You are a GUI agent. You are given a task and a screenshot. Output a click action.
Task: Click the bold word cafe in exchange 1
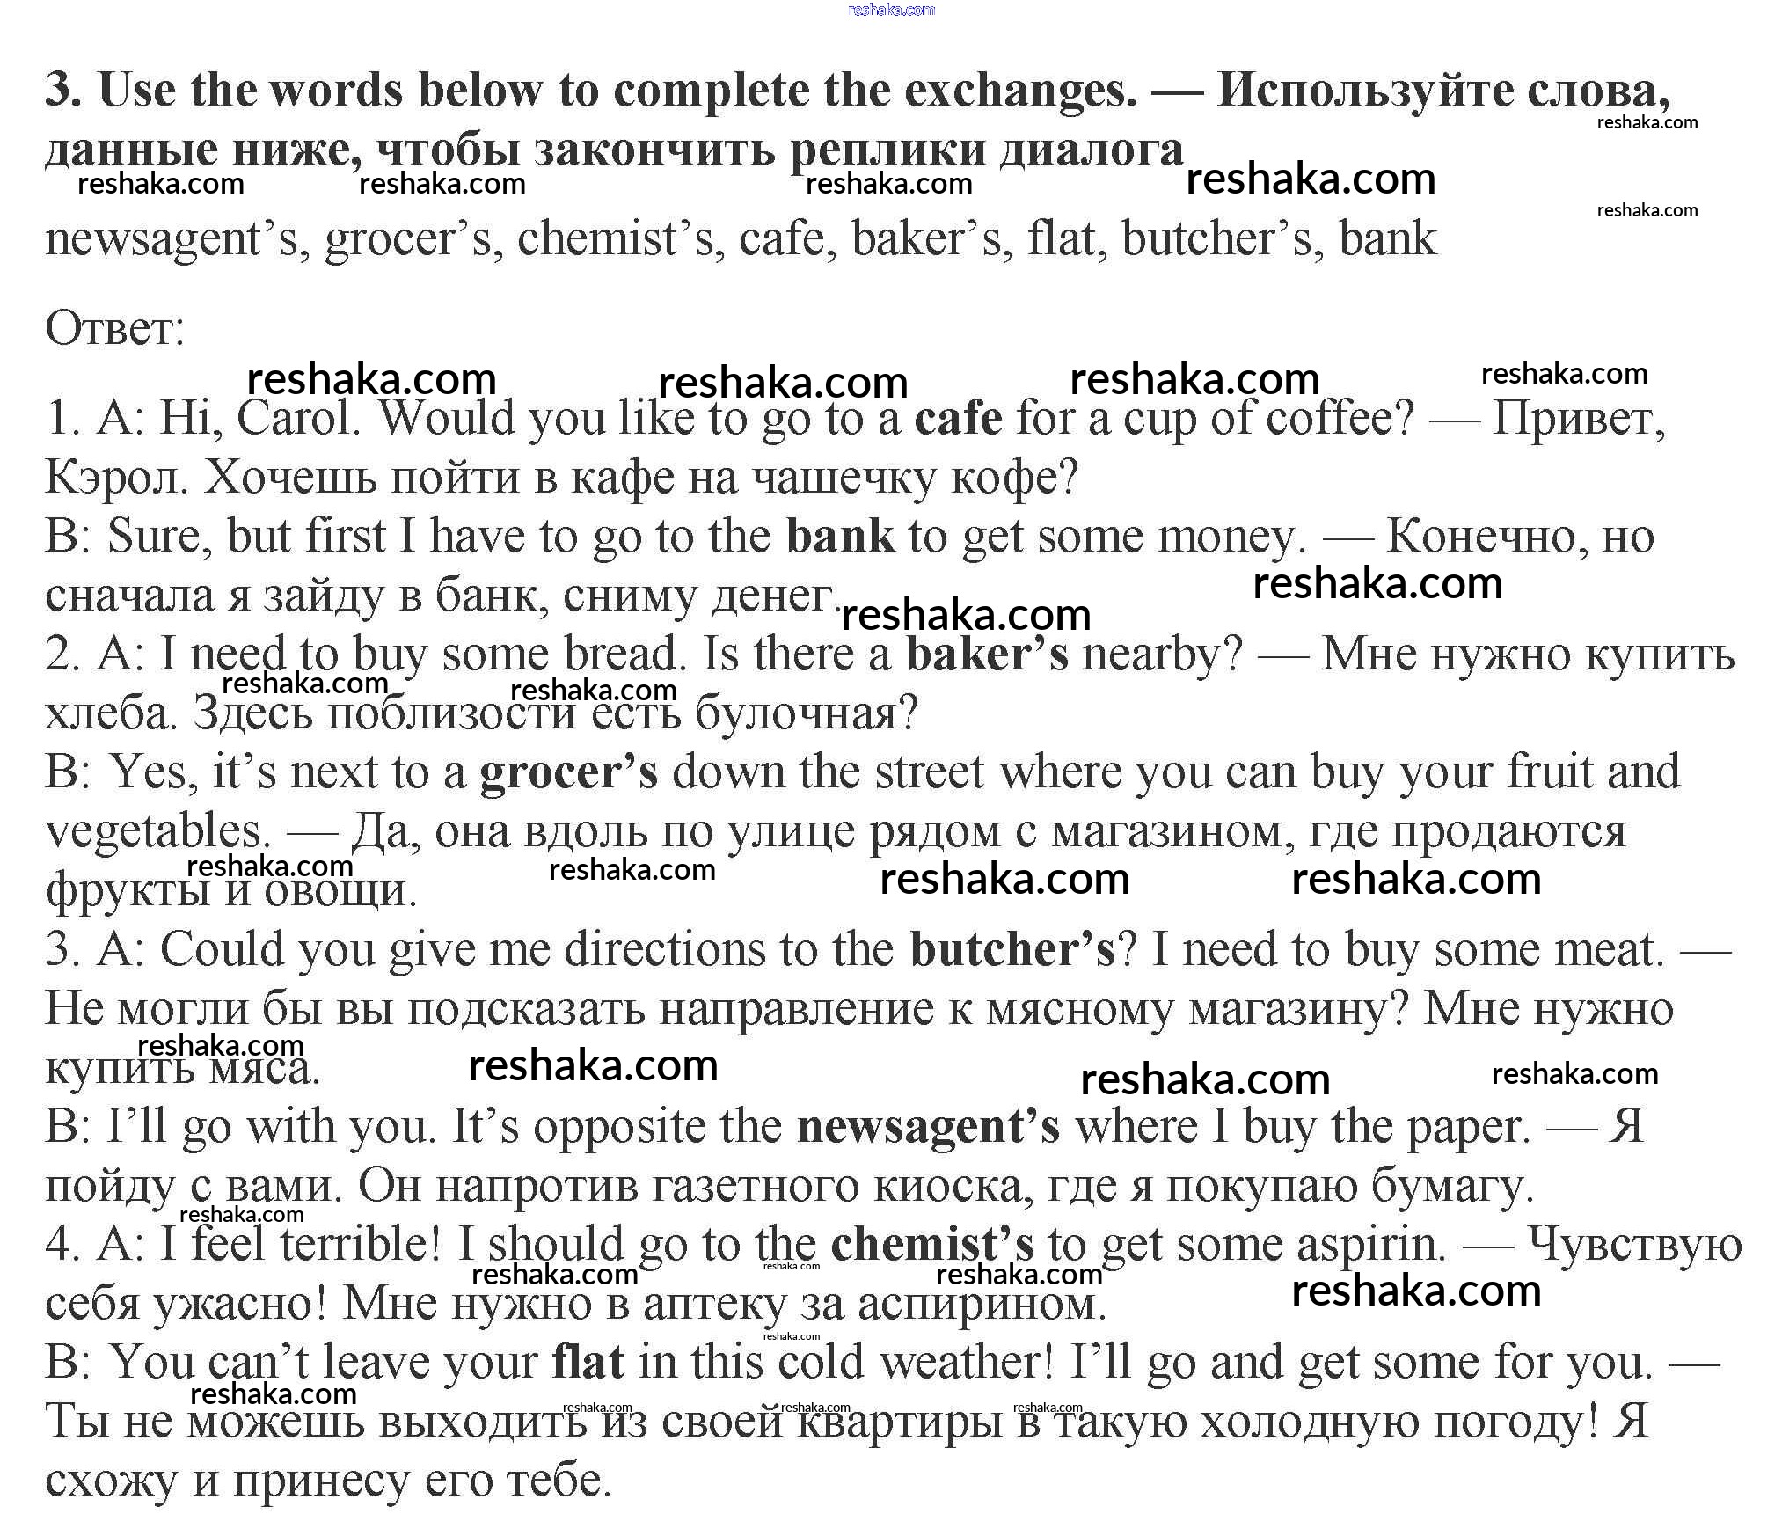pos(958,419)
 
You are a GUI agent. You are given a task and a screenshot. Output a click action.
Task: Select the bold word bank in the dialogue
pos(840,537)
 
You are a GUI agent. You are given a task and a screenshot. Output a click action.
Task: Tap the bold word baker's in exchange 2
pos(987,655)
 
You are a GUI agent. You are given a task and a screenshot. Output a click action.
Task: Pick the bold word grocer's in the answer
pos(568,772)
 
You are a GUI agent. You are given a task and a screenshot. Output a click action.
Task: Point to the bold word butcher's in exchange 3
pos(1012,950)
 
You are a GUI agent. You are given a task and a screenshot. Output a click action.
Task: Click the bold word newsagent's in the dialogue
pos(928,1128)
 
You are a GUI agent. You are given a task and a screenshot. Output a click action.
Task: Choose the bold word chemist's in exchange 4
pos(932,1246)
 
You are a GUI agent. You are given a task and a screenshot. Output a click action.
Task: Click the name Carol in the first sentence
pos(299,419)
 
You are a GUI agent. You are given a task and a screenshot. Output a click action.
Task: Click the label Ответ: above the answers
pos(114,330)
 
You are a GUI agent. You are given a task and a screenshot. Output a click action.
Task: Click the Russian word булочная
pos(806,713)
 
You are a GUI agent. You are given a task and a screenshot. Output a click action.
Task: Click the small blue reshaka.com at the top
pos(891,10)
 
